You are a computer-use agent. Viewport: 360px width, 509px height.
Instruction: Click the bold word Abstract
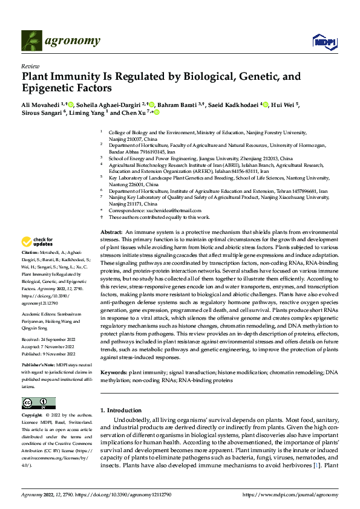(x=111, y=232)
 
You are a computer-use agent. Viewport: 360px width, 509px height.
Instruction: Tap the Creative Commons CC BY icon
(x=38, y=403)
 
